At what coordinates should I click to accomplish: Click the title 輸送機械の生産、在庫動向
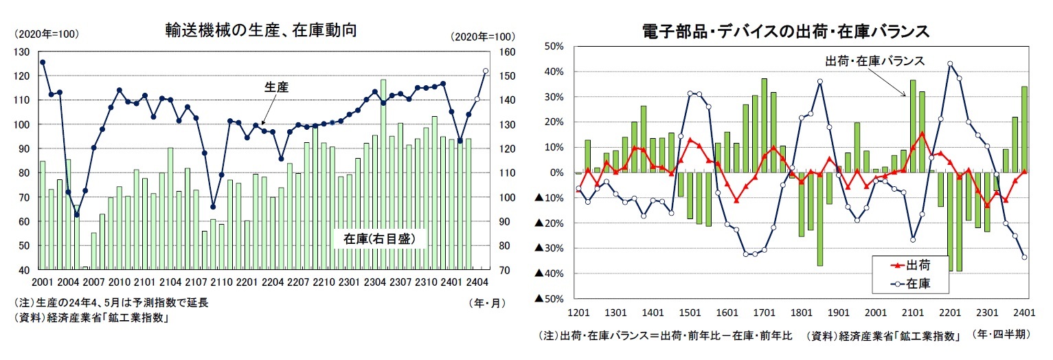260,30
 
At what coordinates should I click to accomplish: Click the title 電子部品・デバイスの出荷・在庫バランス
785,31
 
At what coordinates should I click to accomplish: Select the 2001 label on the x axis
43,282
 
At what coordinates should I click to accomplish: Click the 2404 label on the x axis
477,282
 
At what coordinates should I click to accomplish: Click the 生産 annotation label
276,87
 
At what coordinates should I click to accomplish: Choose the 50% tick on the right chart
554,47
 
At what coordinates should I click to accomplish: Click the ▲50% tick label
550,299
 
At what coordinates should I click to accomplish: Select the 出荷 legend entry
912,265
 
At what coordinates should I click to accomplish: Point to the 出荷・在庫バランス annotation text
874,61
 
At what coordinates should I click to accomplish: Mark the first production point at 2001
43,63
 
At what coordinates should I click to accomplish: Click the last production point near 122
486,71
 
